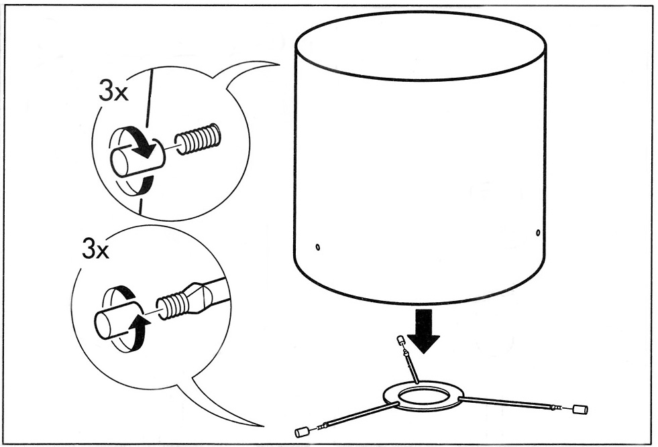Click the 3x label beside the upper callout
click(x=113, y=92)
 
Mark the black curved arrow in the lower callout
click(x=139, y=327)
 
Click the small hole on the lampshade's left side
click(x=318, y=247)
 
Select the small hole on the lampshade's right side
click(x=538, y=233)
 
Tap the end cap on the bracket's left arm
click(x=301, y=432)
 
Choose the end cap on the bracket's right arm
click(x=581, y=409)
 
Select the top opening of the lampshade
click(x=421, y=46)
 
